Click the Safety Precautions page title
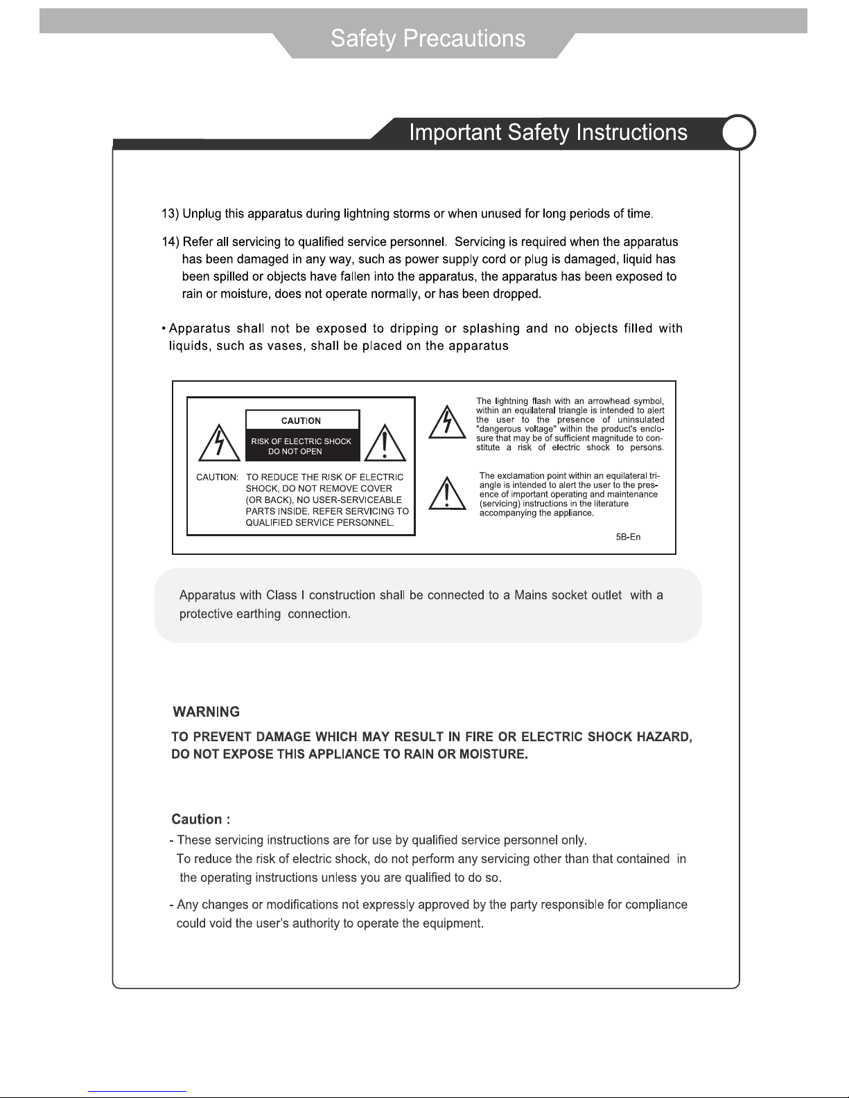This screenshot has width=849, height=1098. coord(428,38)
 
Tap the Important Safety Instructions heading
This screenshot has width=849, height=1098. coord(548,132)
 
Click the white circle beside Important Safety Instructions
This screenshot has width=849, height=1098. coord(739,132)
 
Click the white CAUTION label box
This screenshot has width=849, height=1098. coord(302,420)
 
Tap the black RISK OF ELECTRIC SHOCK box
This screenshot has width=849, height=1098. coord(302,446)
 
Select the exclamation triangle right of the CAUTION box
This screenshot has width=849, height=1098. coord(385,443)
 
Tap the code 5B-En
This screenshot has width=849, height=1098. coord(628,538)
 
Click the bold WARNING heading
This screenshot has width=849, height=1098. coord(206,712)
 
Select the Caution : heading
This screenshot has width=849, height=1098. coord(201,820)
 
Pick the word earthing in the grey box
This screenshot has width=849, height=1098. coord(258,614)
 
